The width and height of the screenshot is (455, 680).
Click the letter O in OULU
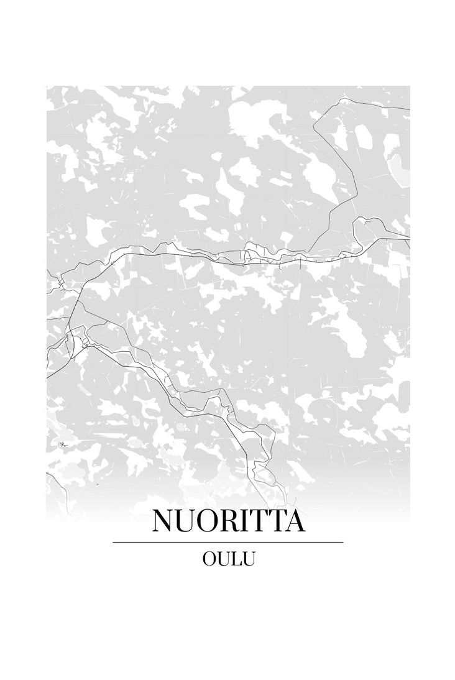pos(209,559)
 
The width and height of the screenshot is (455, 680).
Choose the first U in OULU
pos(224,559)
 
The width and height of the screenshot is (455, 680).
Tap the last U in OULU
pos(249,559)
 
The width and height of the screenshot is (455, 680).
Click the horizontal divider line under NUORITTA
pos(227,542)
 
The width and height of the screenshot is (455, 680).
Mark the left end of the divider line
pos(113,542)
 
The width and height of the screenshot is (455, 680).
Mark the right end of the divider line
pos(342,542)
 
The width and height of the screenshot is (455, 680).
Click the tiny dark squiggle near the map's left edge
pos(63,444)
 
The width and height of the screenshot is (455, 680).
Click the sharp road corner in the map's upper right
pos(342,98)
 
